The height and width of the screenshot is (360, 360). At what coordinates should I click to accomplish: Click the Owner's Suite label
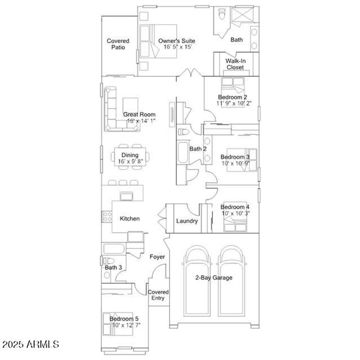coord(176,41)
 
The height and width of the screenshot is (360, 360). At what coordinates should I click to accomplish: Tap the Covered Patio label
coord(118,44)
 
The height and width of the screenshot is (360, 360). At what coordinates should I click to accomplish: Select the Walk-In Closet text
coord(235,64)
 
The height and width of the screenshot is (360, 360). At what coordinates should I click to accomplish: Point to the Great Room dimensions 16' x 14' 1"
coord(141,121)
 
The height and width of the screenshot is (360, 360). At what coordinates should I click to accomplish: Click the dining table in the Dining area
coord(130,157)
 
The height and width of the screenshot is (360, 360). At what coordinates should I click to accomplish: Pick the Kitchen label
coord(130,219)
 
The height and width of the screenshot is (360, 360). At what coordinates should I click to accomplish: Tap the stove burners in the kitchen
coord(107,217)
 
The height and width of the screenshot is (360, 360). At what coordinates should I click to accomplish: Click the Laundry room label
coord(187,221)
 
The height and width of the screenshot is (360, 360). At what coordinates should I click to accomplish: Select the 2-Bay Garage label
coord(214,278)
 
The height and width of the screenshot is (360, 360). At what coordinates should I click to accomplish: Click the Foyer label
coord(157,257)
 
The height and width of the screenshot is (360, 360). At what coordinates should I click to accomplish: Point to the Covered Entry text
coord(158,295)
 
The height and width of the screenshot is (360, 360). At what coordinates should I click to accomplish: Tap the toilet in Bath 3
coord(108,261)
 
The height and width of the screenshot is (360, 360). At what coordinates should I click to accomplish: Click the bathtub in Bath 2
coord(183,153)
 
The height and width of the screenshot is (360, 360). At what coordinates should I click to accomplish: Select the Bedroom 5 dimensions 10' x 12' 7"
coord(126,325)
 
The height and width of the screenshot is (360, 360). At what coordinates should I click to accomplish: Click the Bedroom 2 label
coord(233,97)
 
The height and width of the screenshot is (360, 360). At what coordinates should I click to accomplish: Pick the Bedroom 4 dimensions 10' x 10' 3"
coord(236,213)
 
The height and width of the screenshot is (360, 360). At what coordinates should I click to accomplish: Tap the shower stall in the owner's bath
coord(243,14)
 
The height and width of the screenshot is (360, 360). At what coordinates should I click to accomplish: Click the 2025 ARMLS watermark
coord(31,345)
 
